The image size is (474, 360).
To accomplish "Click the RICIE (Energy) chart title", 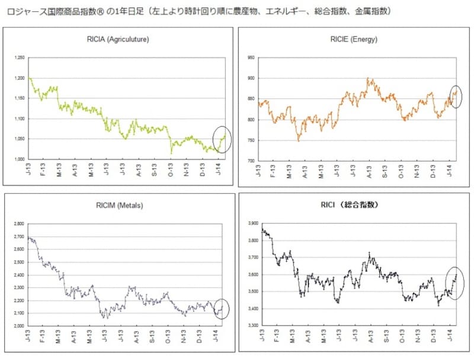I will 354,40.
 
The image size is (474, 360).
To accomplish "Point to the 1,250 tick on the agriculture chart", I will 20,58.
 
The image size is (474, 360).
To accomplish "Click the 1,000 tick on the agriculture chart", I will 20,160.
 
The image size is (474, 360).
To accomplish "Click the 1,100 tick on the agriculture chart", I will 20,119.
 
